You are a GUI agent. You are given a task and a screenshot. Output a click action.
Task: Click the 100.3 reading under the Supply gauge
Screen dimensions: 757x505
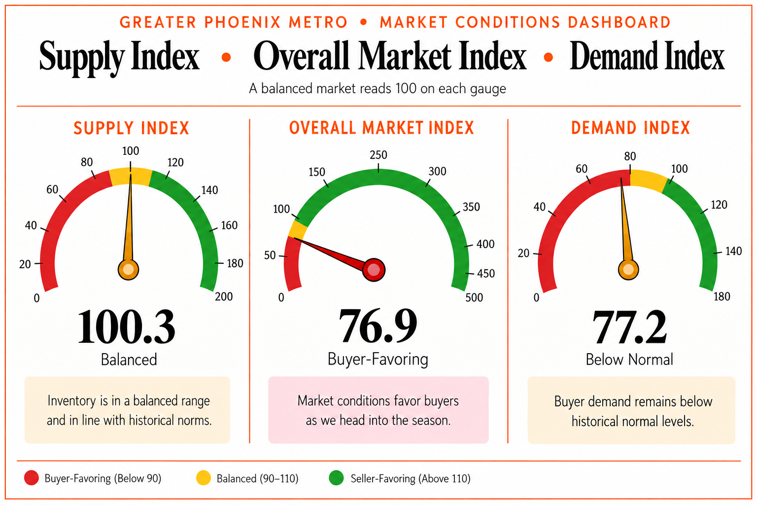click(127, 327)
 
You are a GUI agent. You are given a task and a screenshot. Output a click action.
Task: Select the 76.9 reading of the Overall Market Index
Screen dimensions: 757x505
click(378, 326)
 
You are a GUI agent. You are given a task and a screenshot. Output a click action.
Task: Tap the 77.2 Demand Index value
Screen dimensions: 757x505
click(629, 327)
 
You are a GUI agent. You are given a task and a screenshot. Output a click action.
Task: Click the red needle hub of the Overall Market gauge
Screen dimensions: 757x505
click(374, 270)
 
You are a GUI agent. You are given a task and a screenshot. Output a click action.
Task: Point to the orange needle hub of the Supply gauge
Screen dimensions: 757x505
click(129, 270)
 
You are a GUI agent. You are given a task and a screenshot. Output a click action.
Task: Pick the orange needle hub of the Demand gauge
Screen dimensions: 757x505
click(628, 270)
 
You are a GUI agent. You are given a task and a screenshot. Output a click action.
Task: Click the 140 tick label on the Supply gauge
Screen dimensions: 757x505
click(209, 190)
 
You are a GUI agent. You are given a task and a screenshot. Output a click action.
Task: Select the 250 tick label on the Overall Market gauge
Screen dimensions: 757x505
click(378, 155)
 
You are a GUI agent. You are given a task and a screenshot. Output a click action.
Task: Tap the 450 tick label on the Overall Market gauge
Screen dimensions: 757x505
click(485, 273)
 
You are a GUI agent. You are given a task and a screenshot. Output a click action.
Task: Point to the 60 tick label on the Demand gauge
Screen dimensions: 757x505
click(582, 169)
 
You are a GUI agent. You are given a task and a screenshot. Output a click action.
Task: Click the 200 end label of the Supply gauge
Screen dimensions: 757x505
click(224, 296)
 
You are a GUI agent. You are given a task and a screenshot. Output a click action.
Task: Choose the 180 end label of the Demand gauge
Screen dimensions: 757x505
click(722, 296)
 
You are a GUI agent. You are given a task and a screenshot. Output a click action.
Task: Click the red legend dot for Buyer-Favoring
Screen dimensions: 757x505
click(32, 477)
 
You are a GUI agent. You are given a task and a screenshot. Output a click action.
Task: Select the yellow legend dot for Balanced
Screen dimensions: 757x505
click(204, 477)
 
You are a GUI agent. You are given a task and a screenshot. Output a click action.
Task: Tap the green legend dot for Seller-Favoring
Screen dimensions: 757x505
click(336, 477)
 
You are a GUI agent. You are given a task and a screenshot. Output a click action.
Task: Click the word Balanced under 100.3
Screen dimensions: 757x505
click(129, 359)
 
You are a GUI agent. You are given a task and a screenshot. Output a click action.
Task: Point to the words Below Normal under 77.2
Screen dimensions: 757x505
click(629, 359)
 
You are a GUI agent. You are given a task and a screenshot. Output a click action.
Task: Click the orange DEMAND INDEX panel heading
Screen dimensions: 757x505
click(630, 128)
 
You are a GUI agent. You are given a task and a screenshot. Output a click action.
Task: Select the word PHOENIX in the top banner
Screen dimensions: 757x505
click(242, 22)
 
